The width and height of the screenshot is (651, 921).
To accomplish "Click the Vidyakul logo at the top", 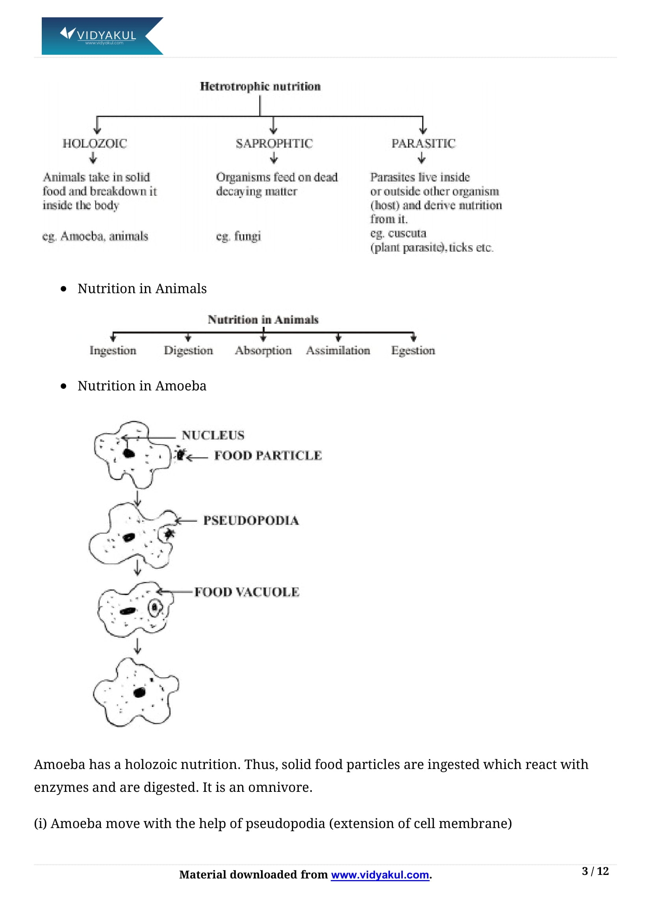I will click(x=102, y=36).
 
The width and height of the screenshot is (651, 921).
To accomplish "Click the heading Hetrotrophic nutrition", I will click(x=260, y=86).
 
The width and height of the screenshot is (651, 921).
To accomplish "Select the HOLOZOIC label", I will click(x=95, y=143).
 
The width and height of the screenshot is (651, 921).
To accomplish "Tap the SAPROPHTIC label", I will click(x=274, y=143).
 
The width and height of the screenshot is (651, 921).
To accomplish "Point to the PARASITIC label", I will click(x=423, y=143).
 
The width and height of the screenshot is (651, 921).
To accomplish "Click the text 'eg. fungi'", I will click(x=238, y=236).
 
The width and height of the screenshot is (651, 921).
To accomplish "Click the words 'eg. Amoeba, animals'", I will click(x=95, y=236).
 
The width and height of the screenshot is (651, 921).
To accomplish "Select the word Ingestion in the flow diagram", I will click(x=113, y=350).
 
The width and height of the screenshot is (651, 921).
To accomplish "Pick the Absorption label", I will click(x=263, y=350).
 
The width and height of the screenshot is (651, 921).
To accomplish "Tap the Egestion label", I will click(x=413, y=350).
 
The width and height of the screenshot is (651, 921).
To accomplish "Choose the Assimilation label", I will click(x=338, y=350).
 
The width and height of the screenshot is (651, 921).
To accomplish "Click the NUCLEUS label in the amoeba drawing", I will click(x=213, y=435).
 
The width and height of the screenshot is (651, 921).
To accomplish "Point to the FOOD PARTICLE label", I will click(x=267, y=455).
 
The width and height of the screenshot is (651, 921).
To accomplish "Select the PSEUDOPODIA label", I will click(x=251, y=520).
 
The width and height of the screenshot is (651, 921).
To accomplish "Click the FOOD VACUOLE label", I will click(x=247, y=592).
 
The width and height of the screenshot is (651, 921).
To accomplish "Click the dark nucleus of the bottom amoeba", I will click(x=139, y=692).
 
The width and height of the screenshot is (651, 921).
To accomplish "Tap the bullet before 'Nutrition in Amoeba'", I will click(x=63, y=386).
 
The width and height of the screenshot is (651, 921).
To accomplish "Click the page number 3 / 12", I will click(x=595, y=871).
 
